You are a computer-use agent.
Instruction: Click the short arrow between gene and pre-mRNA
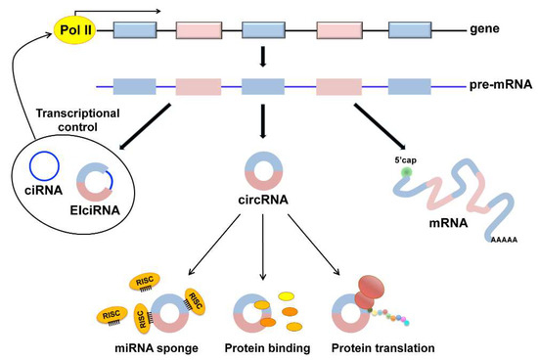pos(261,60)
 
